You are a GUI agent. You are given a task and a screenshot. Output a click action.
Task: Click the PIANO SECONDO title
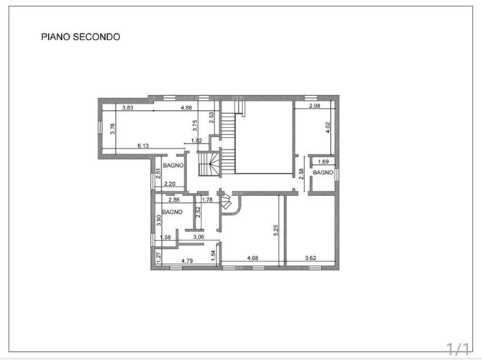[81, 37]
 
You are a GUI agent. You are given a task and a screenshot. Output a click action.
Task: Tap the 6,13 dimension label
[143, 145]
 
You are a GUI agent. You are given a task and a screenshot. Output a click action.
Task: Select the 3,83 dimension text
[127, 108]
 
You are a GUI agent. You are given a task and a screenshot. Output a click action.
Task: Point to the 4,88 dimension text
[186, 108]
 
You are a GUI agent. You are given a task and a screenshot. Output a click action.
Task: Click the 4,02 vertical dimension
[328, 127]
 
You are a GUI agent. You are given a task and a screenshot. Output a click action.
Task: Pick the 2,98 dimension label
[315, 106]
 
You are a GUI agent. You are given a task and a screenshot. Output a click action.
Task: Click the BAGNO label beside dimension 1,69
[323, 172]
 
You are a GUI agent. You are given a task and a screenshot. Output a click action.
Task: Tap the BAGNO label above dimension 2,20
[173, 165]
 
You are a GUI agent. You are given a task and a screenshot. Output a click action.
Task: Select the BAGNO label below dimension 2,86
[172, 212]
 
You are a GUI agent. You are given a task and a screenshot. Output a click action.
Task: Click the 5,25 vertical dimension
[276, 230]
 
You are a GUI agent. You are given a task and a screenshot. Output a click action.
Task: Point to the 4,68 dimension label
[253, 258]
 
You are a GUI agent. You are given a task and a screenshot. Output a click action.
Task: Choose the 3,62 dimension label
[311, 258]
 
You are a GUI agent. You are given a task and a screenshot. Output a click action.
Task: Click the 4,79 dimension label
[187, 261]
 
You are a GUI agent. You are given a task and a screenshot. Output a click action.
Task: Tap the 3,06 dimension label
[199, 237]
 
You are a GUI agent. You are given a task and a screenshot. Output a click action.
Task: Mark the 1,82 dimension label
[196, 140]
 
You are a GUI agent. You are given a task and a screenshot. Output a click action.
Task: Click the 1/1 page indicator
[458, 349]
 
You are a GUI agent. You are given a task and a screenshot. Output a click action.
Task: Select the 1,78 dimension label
[207, 199]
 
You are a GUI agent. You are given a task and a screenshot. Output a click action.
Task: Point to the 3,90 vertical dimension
[158, 220]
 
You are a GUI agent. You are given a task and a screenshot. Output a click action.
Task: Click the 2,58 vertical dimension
[301, 174]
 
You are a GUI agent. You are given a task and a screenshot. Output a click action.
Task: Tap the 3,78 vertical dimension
[113, 129]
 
